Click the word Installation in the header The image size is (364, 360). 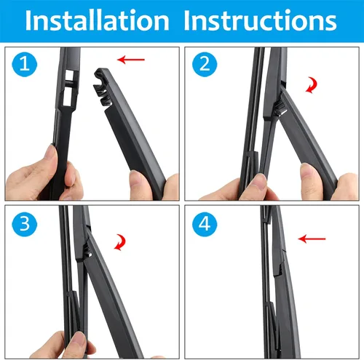(97, 20)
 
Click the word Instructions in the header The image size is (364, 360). (260, 20)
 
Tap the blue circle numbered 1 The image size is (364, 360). (25, 65)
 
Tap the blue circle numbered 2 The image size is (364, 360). (205, 65)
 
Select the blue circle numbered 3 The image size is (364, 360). (25, 224)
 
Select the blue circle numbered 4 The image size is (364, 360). (205, 224)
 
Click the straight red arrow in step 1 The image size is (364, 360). (131, 60)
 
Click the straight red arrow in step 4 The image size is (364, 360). (312, 239)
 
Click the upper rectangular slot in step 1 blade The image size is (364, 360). (70, 76)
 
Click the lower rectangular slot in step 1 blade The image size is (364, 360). (68, 97)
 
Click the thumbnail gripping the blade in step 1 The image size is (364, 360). (51, 151)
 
